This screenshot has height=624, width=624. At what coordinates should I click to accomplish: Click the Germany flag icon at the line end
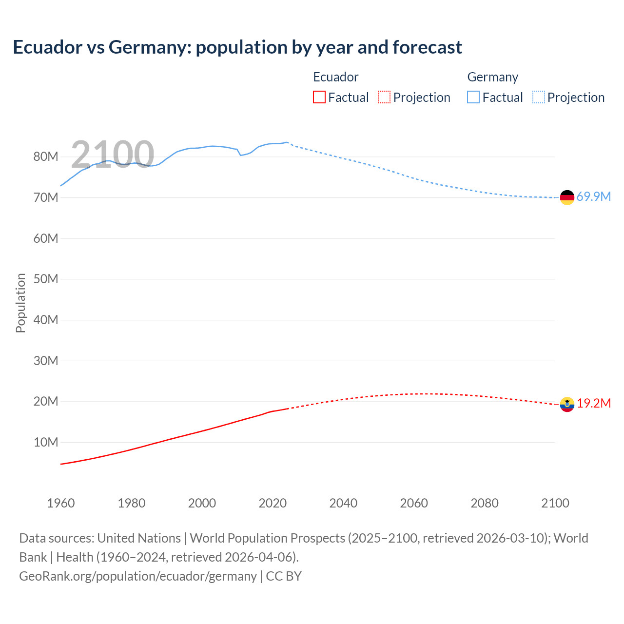pos(567,197)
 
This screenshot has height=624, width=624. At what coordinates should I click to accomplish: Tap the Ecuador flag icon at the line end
pos(567,404)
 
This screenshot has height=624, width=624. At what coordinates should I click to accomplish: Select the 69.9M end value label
pos(593,196)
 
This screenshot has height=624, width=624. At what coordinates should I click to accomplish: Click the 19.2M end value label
pos(593,403)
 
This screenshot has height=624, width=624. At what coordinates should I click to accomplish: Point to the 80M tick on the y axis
pos(46,156)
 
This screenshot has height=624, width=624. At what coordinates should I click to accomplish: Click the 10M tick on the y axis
pos(46,442)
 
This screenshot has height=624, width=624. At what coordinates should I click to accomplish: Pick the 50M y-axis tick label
pos(46,279)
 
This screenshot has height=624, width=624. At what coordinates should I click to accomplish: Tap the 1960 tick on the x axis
pos(61,503)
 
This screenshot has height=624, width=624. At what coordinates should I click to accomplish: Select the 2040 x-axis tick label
pos(343,503)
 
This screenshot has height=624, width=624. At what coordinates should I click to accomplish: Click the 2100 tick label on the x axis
pos(555,503)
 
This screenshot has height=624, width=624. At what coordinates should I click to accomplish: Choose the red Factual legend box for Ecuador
pos(319,97)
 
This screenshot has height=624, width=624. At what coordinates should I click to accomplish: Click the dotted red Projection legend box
pos(384,97)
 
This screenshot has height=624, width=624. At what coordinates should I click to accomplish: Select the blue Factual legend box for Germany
pos(473,97)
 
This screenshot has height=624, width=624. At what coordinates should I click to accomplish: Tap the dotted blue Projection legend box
pos(538,97)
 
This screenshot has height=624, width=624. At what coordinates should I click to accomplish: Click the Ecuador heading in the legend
pos(335,77)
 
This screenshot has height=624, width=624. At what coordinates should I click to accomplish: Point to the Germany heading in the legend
pos(492,77)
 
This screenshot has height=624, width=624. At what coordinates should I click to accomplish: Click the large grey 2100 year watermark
pos(113,155)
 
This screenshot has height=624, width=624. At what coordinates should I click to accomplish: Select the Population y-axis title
pos(20,303)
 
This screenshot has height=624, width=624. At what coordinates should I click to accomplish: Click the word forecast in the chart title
pos(427,47)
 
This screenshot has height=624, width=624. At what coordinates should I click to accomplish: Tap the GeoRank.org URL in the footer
pos(138,576)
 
